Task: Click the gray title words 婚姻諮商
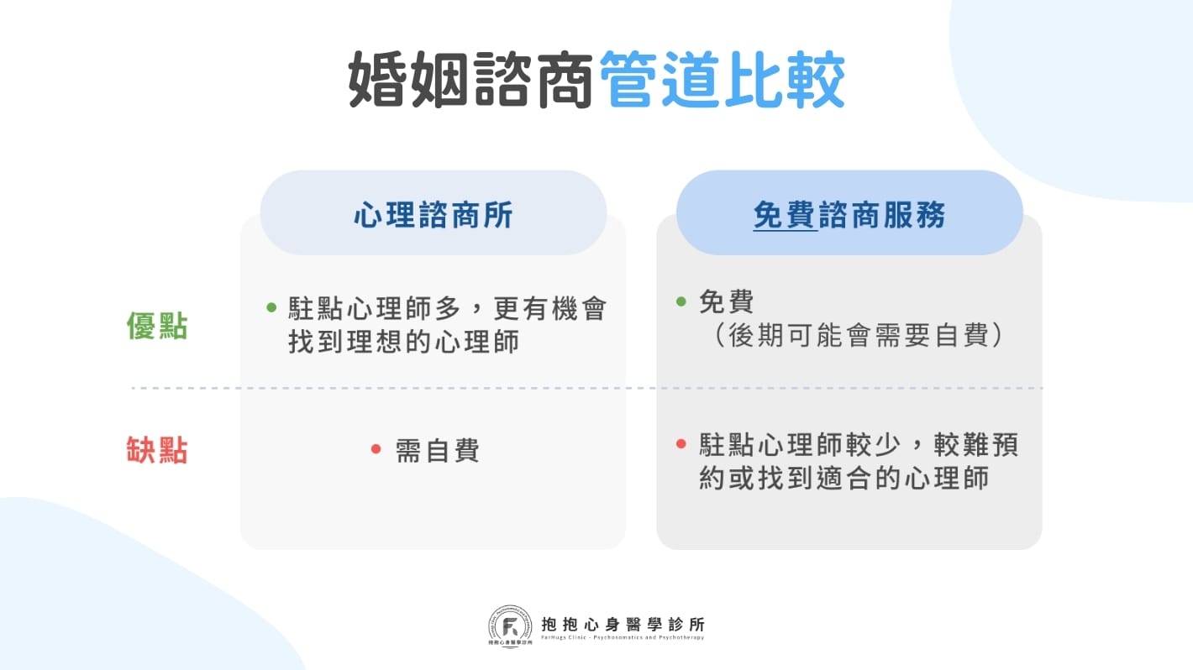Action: (472, 81)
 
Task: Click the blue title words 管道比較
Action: (722, 81)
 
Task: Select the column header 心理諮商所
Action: (433, 216)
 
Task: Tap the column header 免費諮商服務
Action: (849, 216)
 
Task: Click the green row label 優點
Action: (157, 327)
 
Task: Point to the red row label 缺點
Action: (157, 451)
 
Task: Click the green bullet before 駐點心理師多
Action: (271, 307)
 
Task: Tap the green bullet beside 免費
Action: (681, 301)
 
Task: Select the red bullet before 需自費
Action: (376, 450)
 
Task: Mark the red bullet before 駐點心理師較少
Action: (681, 443)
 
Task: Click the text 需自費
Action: (437, 451)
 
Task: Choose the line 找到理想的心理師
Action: (403, 341)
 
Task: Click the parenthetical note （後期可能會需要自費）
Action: (859, 335)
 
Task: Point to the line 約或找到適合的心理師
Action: (844, 478)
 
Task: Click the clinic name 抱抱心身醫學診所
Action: (623, 624)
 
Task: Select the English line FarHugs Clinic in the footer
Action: (623, 638)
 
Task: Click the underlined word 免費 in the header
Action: (785, 216)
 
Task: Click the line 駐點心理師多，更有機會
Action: (446, 308)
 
